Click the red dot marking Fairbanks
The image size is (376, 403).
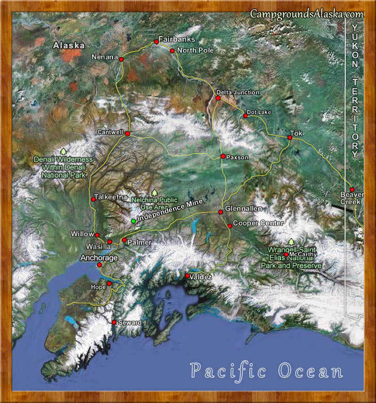point(156,41)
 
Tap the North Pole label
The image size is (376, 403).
point(195,51)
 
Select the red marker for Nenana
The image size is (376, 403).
point(121,59)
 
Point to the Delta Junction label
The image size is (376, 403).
point(238,92)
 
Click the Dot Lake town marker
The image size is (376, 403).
point(245,116)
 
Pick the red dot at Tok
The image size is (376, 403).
point(289,137)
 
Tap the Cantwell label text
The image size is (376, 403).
point(110,132)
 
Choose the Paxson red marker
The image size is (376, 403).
point(223,156)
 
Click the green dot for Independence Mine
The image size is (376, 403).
point(133,221)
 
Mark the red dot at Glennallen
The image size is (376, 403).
point(221,212)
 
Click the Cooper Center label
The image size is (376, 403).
point(258,223)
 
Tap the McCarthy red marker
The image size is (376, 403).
point(286,254)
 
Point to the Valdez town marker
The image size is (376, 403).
point(187,276)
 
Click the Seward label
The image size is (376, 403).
point(129,323)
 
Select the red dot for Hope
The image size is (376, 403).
point(109,283)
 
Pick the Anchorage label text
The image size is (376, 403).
point(99,257)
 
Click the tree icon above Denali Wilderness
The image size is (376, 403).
point(64,151)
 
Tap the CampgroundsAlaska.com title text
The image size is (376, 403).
point(307,14)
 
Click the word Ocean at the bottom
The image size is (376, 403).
point(310,371)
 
